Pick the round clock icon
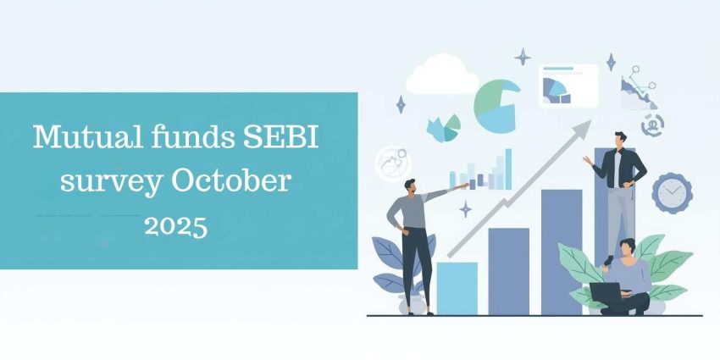673,192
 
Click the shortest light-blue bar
457,288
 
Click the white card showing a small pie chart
568,85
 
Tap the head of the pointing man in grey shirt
411,185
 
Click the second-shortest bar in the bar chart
508,271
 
